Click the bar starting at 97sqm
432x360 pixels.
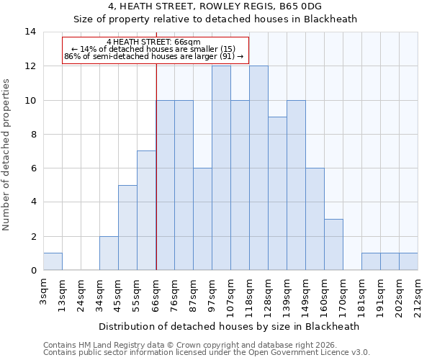pyautogui.click(x=221, y=168)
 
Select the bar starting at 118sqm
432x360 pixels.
pyautogui.click(x=258, y=168)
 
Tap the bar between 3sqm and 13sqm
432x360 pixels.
pyautogui.click(x=53, y=262)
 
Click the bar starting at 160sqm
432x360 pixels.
pyautogui.click(x=333, y=245)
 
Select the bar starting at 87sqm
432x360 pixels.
pyautogui.click(x=202, y=220)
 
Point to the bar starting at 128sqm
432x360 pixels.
pyautogui.click(x=277, y=194)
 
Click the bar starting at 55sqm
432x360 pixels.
pyautogui.click(x=146, y=211)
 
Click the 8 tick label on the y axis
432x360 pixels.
pyautogui.click(x=33, y=135)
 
